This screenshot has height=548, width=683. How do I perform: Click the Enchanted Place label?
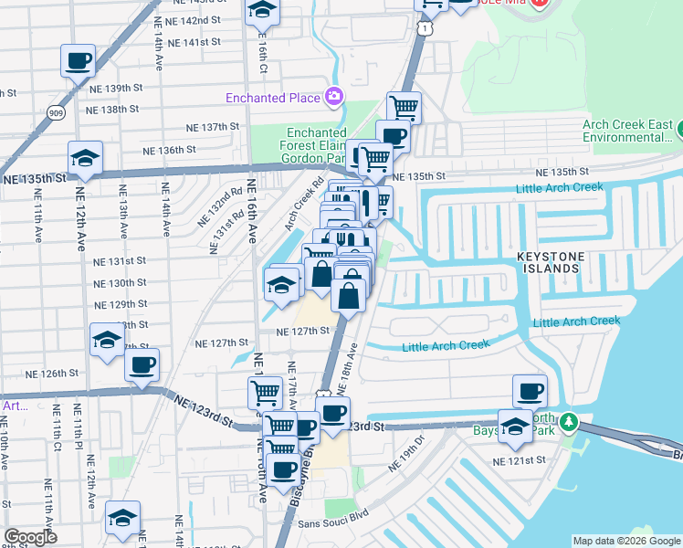273,98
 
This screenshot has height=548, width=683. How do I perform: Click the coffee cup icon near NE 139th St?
78,61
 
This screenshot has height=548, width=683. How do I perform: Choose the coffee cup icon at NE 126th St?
142,366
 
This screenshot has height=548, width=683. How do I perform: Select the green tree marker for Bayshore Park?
569,422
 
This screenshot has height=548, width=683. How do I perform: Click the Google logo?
30,537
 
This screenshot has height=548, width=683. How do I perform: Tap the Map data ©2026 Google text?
626,541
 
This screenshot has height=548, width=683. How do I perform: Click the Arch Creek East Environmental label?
629,132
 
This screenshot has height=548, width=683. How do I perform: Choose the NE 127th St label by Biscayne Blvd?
302,331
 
